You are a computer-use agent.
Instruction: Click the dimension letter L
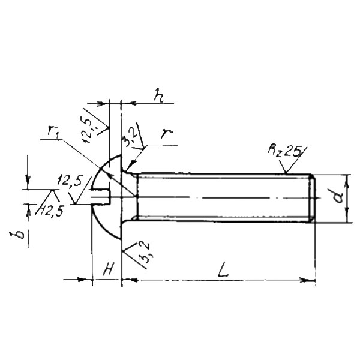[222, 270]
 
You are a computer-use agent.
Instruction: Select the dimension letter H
[108, 269]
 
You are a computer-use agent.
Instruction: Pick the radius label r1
[53, 133]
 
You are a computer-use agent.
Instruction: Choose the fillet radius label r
[166, 133]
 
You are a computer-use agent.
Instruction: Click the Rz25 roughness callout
[284, 151]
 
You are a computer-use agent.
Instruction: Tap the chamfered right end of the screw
[312, 198]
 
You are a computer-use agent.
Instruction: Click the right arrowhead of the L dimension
[307, 280]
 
